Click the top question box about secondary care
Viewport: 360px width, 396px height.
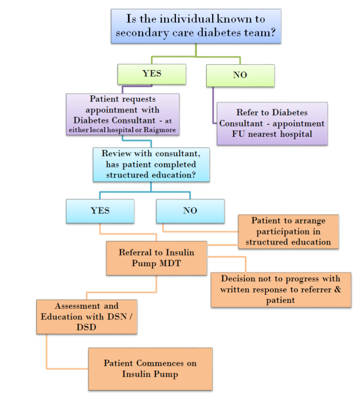click(196, 26)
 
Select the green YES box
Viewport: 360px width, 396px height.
click(151, 74)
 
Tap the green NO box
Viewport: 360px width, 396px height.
click(240, 75)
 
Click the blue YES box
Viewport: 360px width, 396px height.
click(100, 211)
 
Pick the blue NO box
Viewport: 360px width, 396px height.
click(190, 211)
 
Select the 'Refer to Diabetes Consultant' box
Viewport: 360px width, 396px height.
click(272, 123)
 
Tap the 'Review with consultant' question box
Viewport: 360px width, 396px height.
click(151, 164)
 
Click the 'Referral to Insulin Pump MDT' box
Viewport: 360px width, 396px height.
click(157, 258)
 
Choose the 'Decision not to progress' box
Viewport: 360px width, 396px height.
click(281, 290)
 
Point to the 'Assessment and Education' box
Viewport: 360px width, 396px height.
click(86, 316)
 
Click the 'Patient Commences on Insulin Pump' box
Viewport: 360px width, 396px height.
click(150, 369)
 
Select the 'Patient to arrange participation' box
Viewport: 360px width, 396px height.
click(289, 231)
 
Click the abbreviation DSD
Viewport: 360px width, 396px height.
click(86, 328)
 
